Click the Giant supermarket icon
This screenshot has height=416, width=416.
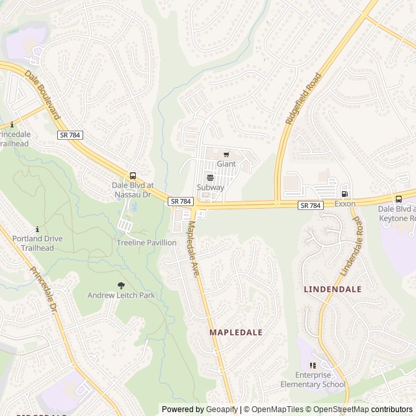(x=226, y=155)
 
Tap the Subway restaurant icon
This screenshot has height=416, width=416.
(x=209, y=177)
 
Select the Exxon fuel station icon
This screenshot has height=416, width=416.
(x=344, y=194)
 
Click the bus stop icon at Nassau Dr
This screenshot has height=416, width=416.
(x=133, y=175)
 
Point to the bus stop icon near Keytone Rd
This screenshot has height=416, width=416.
(x=398, y=199)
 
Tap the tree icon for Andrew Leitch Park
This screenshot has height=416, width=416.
(x=121, y=285)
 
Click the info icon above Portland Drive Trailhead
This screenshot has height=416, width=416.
(x=38, y=229)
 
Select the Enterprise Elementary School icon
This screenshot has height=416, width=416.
(x=313, y=365)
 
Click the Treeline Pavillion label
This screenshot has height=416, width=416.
(x=146, y=242)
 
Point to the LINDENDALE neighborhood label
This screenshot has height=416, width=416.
(x=332, y=288)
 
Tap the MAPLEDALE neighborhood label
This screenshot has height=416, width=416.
(x=236, y=332)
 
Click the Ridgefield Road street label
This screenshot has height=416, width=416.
(x=303, y=99)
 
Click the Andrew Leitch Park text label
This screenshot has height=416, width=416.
(x=122, y=295)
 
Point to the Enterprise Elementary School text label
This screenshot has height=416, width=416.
(x=320, y=380)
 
